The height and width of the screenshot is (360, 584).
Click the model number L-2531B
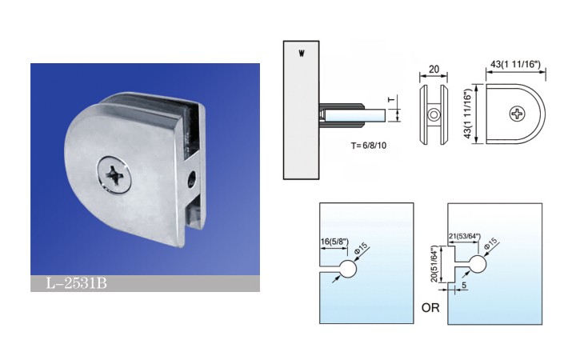click(x=77, y=283)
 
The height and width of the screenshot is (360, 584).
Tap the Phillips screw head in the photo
click(x=114, y=175)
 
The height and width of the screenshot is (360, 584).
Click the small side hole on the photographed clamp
click(x=192, y=178)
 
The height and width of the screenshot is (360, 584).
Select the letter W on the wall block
click(x=302, y=54)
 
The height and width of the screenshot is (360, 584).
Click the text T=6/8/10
click(x=368, y=146)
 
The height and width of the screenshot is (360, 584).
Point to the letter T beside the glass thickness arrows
click(x=391, y=100)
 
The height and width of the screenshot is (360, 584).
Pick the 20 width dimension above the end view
click(x=434, y=70)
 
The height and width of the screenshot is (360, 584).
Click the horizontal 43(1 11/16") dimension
click(x=515, y=65)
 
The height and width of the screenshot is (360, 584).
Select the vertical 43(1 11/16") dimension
click(x=468, y=114)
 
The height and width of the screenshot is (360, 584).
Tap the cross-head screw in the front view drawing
click(x=518, y=114)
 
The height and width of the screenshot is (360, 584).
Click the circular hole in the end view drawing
click(x=434, y=114)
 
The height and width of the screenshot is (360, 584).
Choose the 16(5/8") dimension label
click(x=334, y=242)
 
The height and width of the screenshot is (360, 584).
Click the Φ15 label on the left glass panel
click(x=361, y=248)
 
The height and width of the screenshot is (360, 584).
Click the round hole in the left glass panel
click(x=348, y=269)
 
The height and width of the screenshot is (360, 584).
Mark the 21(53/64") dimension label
click(x=465, y=237)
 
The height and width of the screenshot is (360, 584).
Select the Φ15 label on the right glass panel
click(x=491, y=243)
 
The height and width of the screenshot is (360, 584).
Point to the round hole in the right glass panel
click(x=478, y=264)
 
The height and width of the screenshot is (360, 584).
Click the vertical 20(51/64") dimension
click(x=434, y=264)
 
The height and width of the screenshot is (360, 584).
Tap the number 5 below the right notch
click(x=464, y=285)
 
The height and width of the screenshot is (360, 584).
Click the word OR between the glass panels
click(x=430, y=308)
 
